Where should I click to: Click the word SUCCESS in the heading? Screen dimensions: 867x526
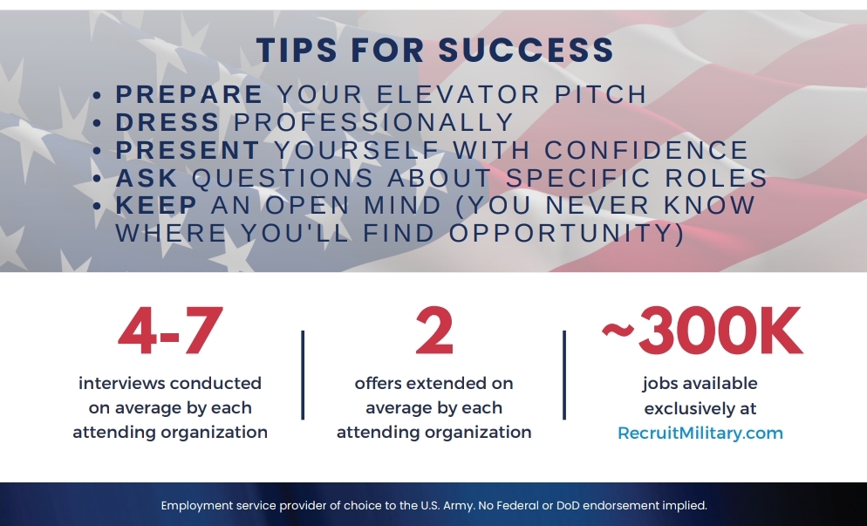(x=526, y=50)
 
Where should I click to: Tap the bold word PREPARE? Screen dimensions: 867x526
(x=188, y=94)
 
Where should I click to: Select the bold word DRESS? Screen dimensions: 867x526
(x=167, y=122)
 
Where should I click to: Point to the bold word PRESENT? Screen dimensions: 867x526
(x=188, y=150)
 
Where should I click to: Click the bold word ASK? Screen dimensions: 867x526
(x=147, y=178)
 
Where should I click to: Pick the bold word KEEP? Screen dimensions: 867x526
(x=156, y=205)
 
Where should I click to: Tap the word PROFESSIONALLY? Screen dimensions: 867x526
(x=374, y=122)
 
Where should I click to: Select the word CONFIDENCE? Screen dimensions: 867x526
(x=646, y=150)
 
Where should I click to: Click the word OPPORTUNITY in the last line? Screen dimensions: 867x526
(x=566, y=233)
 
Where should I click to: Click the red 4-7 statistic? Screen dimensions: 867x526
(x=170, y=331)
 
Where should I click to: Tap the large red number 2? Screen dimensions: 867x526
(x=434, y=331)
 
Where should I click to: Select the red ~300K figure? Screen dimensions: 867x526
(x=701, y=331)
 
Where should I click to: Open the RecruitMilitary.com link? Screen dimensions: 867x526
(x=700, y=433)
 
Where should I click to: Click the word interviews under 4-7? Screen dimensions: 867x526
(x=121, y=383)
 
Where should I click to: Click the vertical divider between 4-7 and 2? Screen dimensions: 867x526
(x=303, y=375)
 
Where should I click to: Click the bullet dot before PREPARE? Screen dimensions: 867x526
(x=98, y=96)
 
